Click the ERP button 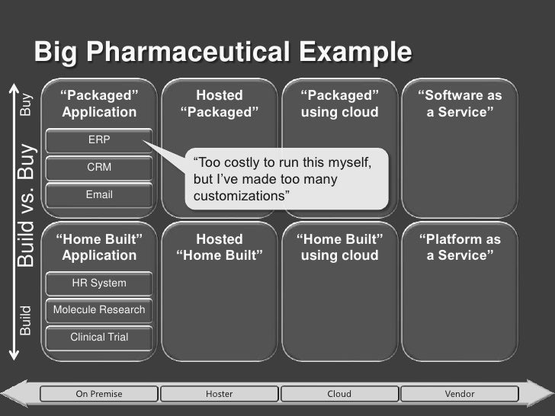point(99,141)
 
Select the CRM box point(99,167)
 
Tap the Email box point(99,194)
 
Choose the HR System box point(99,283)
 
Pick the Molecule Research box point(99,310)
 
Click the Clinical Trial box point(99,337)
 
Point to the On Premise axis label point(99,394)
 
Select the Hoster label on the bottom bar point(220,394)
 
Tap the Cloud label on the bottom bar point(339,394)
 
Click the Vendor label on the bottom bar point(460,394)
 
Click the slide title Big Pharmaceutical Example point(223,53)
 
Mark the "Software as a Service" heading point(460,104)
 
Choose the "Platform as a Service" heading point(460,248)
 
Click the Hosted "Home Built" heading point(220,248)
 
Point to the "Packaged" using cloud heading point(339,104)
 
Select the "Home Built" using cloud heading point(339,248)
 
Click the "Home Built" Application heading point(99,248)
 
